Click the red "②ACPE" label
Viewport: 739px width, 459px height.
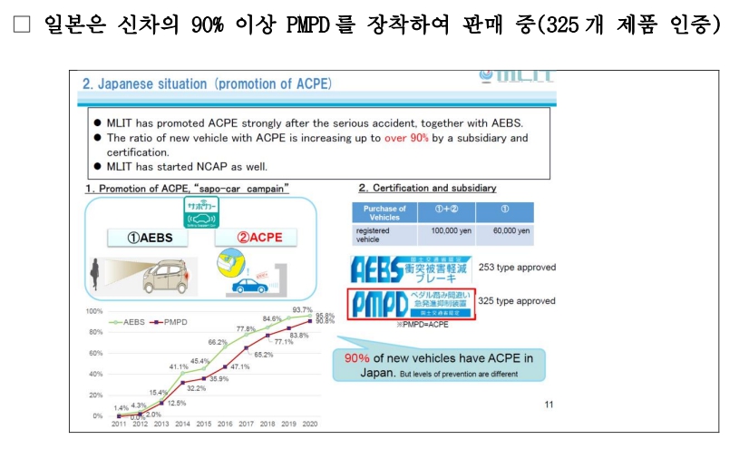[x=260, y=238]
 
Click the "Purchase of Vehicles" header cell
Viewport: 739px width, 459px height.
[x=384, y=212]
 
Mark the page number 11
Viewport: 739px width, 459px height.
[x=549, y=405]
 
